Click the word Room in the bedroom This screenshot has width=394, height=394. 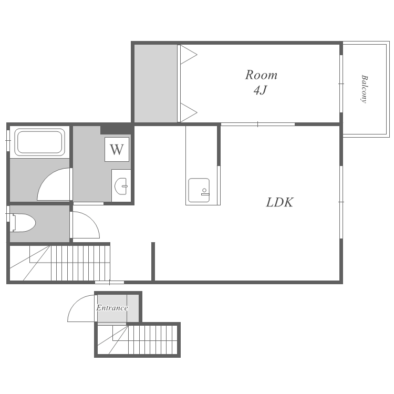coord(261,75)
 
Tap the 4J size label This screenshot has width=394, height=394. coord(261,90)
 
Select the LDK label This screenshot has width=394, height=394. coord(279,202)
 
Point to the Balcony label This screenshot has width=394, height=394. coord(364,89)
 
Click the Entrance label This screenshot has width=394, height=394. coord(112,308)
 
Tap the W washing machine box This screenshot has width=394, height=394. coord(117,150)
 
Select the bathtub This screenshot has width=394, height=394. coord(40,142)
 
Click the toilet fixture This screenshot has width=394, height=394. coord(23,223)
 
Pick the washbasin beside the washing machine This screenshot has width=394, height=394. coord(121,186)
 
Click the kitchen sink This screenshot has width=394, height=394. coord(199,190)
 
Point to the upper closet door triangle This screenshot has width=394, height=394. coord(189,55)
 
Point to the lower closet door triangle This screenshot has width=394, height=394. coord(189,112)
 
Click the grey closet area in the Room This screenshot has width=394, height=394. coord(156,84)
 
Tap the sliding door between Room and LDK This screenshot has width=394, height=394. coord(258,124)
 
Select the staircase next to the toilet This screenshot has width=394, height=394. coord(60,263)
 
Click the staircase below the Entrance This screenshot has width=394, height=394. coord(138,339)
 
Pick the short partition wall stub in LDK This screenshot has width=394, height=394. coord(153,261)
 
